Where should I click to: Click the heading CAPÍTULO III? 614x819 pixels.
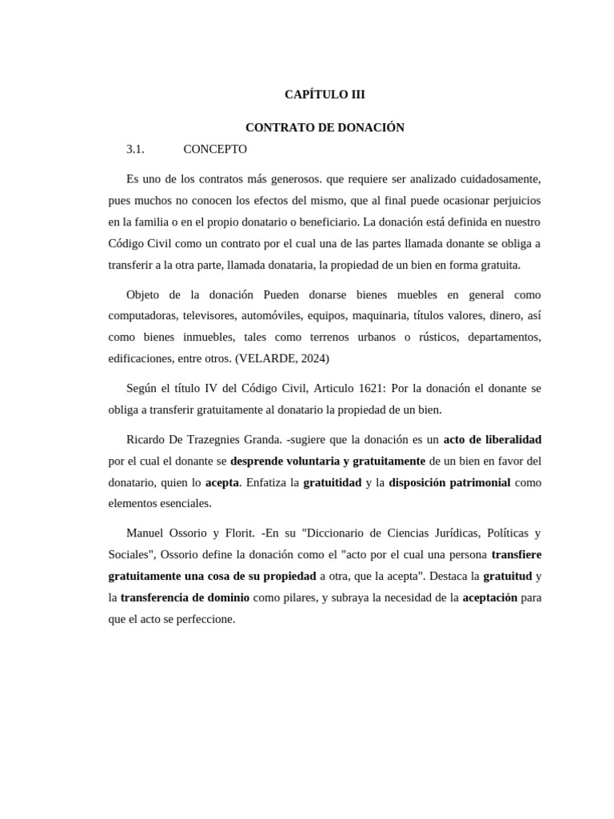click(325, 94)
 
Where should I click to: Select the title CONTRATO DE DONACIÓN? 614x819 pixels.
click(325, 127)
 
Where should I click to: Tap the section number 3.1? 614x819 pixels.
click(135, 149)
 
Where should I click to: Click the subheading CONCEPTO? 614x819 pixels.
click(215, 149)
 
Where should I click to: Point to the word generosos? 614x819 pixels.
click(293, 178)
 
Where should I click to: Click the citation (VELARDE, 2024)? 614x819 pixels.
click(282, 358)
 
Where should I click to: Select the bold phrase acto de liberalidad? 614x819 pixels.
click(492, 439)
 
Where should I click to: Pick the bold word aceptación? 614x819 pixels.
click(490, 597)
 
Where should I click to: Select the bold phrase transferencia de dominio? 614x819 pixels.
click(185, 597)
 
